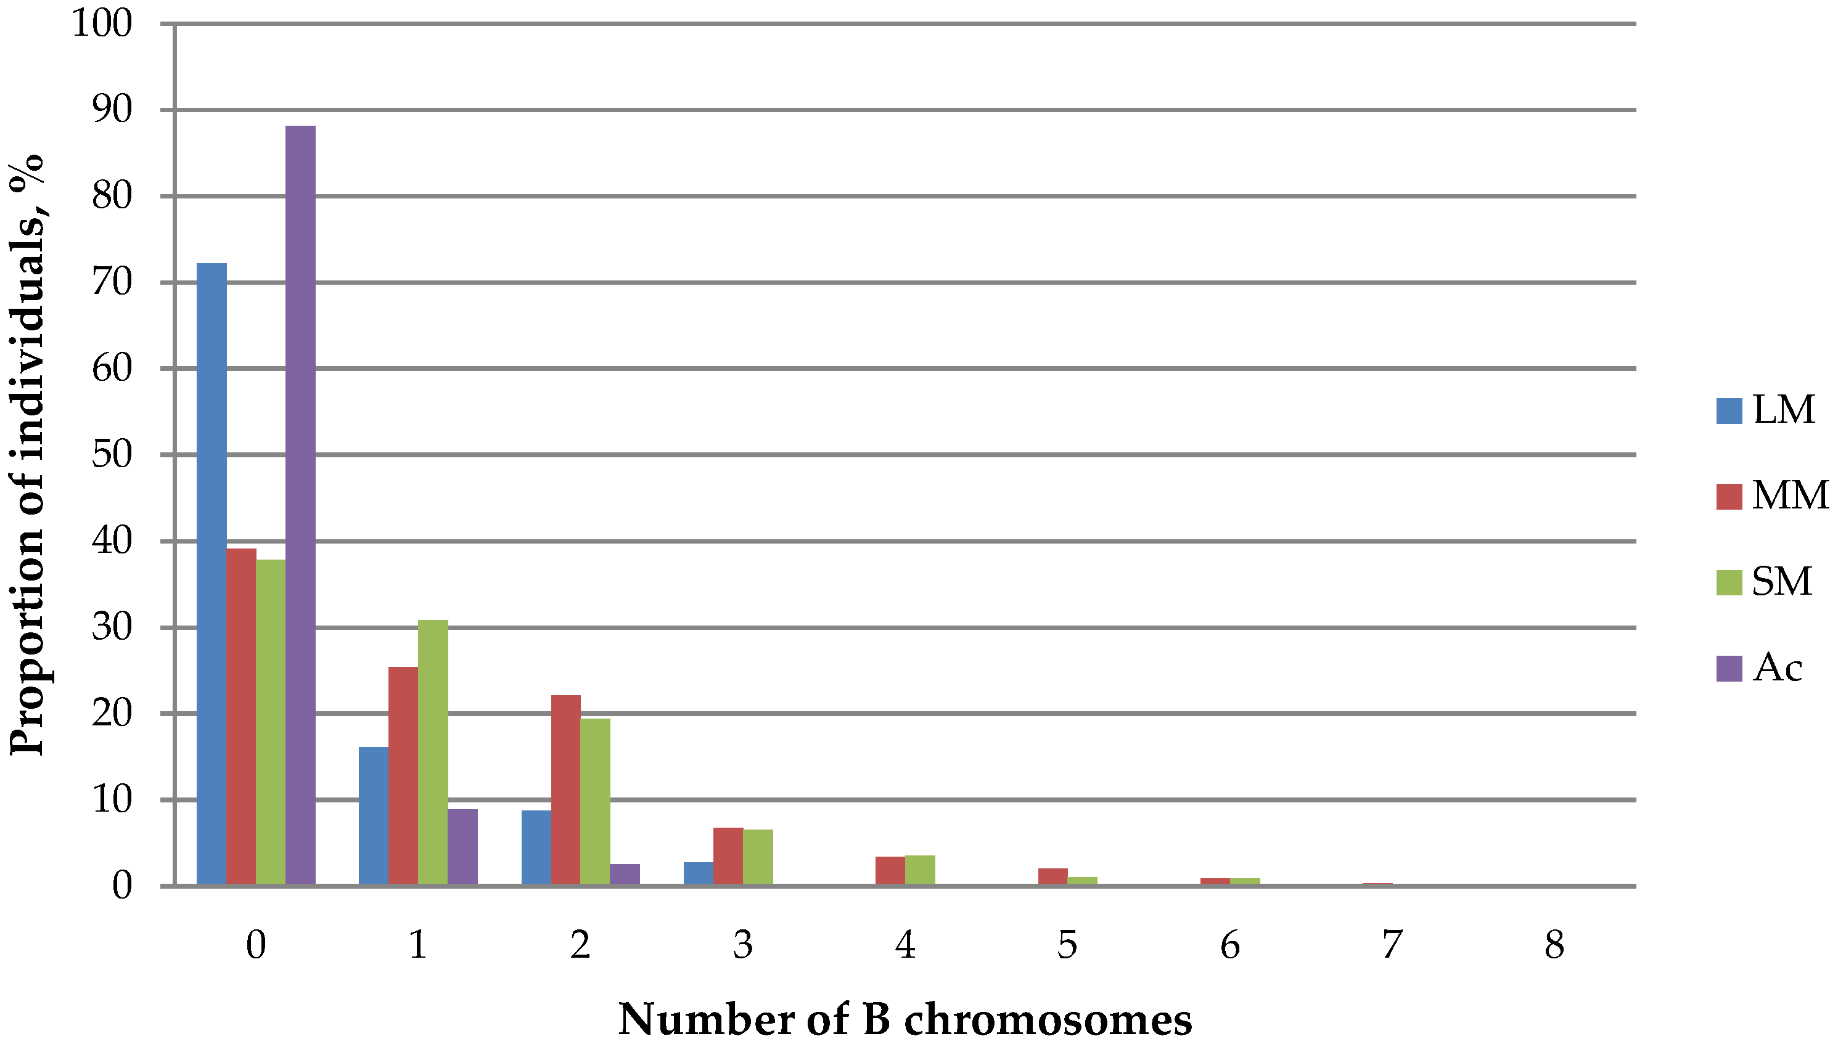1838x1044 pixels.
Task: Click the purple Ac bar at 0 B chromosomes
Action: click(x=300, y=505)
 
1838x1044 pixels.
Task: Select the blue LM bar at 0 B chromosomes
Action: click(x=211, y=574)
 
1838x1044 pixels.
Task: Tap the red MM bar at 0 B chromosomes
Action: click(x=241, y=717)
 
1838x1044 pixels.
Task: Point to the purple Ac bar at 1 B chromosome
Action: click(x=462, y=847)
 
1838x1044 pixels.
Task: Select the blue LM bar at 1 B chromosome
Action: click(x=373, y=816)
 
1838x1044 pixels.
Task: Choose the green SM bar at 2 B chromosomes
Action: click(x=595, y=802)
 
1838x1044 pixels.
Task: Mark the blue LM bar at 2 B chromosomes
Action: click(x=536, y=847)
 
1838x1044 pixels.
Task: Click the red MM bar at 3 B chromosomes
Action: click(x=728, y=856)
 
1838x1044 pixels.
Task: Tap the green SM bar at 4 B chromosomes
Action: click(x=920, y=870)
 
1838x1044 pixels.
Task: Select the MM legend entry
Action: click(x=1771, y=495)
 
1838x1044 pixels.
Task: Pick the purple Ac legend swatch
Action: click(x=1729, y=668)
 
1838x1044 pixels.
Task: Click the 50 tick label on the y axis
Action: click(x=113, y=455)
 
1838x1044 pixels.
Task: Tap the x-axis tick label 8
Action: click(x=1554, y=944)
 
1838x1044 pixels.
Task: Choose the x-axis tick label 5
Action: click(x=1067, y=944)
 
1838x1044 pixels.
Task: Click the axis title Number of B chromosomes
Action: click(x=905, y=1018)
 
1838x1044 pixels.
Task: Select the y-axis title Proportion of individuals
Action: click(x=27, y=455)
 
